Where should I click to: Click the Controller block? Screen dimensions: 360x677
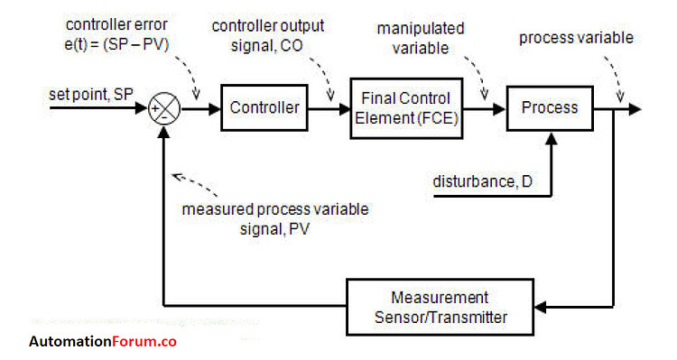click(264, 108)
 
